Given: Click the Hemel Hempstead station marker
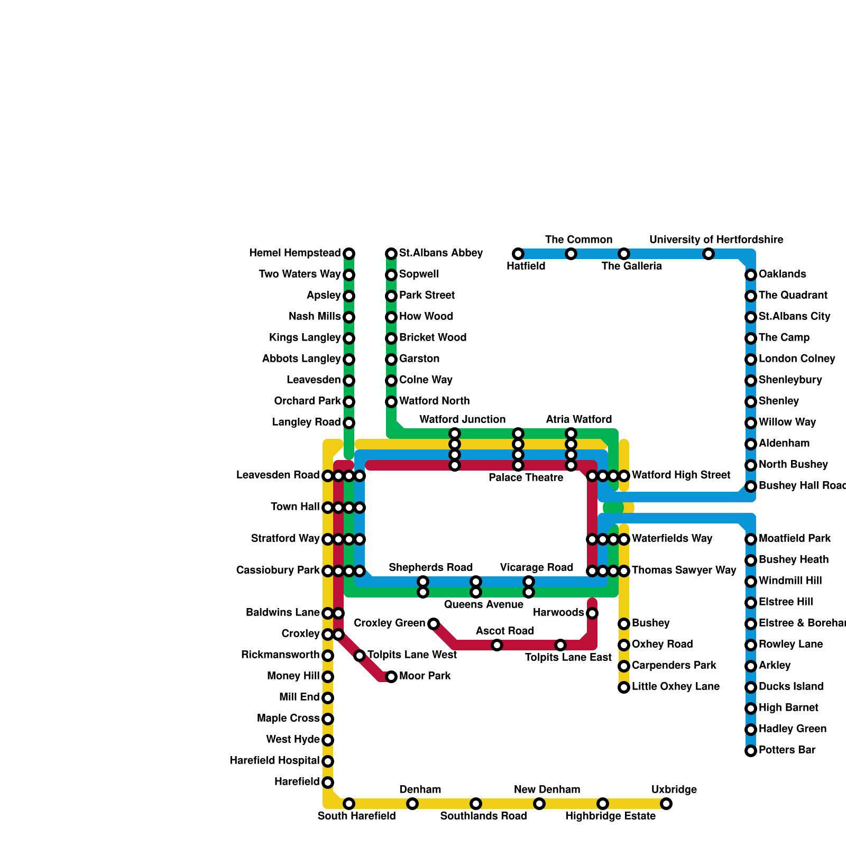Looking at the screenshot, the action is tap(349, 254).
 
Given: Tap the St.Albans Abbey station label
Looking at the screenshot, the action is tap(440, 253).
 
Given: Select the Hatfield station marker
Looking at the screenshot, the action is tap(518, 254).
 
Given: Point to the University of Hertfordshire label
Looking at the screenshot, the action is tap(716, 240).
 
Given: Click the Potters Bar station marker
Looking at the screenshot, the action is tap(751, 751).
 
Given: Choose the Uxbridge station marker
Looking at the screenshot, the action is tap(666, 804).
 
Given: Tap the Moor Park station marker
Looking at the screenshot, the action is tap(391, 677).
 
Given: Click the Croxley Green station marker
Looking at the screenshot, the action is tap(434, 624).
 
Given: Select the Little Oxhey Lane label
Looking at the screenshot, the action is tap(675, 687).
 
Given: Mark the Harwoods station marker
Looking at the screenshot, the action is tap(592, 613).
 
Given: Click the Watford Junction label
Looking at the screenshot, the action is tap(462, 420).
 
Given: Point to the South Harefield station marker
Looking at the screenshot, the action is tap(349, 804).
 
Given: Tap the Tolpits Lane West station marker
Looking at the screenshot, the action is tap(360, 656).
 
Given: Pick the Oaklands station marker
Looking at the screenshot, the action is tap(751, 275).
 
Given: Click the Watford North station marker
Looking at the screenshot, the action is tap(391, 402).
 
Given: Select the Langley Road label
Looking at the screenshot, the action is tap(306, 422).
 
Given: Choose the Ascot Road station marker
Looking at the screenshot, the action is tap(497, 645).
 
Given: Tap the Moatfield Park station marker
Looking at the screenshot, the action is tap(751, 539).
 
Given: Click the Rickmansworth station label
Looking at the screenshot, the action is tap(280, 655).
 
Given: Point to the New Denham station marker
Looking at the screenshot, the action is tap(539, 804).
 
